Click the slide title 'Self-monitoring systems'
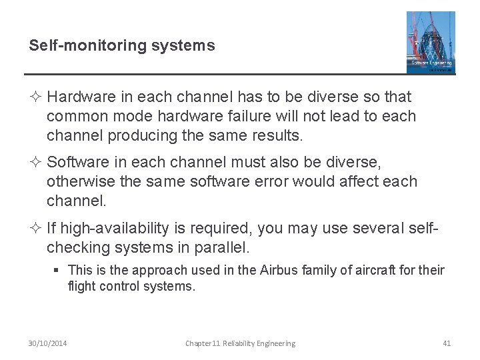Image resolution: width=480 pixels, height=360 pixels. pos(122,45)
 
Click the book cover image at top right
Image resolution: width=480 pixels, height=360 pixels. pos(431,41)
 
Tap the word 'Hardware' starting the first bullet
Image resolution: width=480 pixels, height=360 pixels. pos(79,97)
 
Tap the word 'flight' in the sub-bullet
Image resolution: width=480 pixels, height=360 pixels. pos(79,287)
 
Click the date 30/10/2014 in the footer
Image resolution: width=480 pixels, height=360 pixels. pos(48,343)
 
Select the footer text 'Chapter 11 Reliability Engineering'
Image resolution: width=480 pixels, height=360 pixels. pos(240,343)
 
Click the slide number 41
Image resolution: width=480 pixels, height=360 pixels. pos(447,343)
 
